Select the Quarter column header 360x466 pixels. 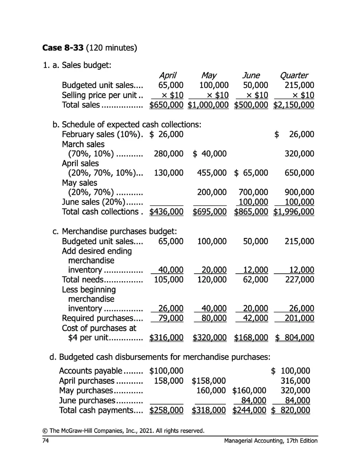click(x=294, y=75)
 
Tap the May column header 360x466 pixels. click(x=209, y=75)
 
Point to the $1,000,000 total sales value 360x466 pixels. click(x=208, y=105)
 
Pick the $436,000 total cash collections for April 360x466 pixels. click(x=166, y=212)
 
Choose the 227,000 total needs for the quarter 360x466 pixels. click(x=299, y=280)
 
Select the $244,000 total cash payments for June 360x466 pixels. click(x=249, y=410)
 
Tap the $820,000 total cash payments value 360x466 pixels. click(x=291, y=410)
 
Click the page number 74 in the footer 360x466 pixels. click(x=45, y=441)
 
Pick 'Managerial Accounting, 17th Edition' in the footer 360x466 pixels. click(x=271, y=441)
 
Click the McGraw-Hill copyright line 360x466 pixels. click(x=123, y=430)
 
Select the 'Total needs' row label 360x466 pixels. click(x=83, y=280)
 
